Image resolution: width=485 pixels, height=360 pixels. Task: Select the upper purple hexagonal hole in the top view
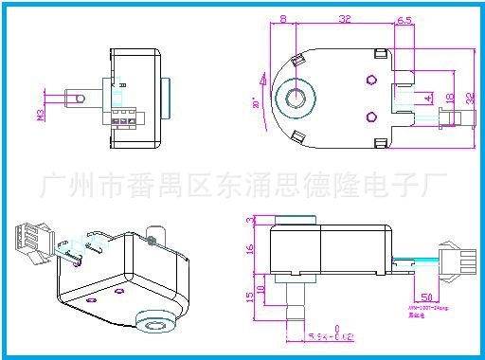click(x=371, y=78)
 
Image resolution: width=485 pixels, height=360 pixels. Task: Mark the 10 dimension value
click(x=262, y=288)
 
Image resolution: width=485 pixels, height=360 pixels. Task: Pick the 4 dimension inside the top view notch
click(x=428, y=98)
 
